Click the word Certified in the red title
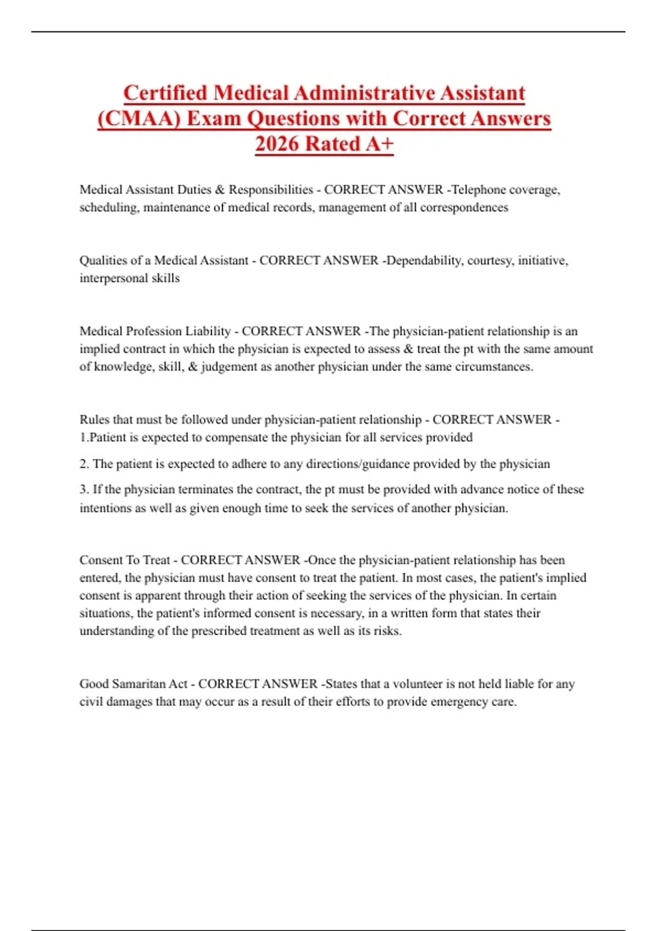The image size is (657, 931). [x=165, y=93]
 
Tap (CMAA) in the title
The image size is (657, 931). [x=139, y=118]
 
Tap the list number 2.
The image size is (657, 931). [x=84, y=464]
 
